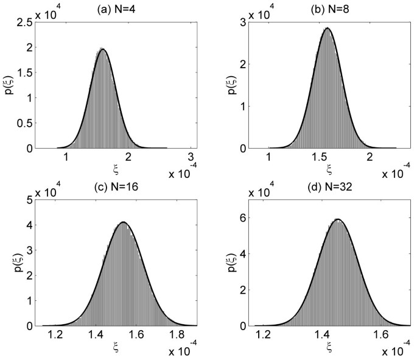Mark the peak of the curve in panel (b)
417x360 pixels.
tap(328, 28)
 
